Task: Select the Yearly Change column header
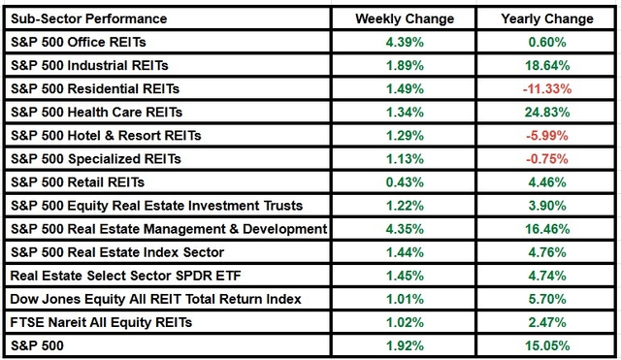click(547, 18)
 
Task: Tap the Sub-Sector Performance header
click(89, 18)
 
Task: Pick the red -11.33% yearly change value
click(547, 88)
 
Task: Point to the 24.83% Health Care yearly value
click(547, 112)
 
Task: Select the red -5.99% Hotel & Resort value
click(547, 135)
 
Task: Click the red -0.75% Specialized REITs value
click(547, 158)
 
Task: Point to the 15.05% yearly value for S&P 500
click(547, 344)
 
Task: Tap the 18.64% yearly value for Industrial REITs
click(547, 65)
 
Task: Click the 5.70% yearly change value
click(547, 298)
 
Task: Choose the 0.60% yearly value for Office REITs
click(547, 42)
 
